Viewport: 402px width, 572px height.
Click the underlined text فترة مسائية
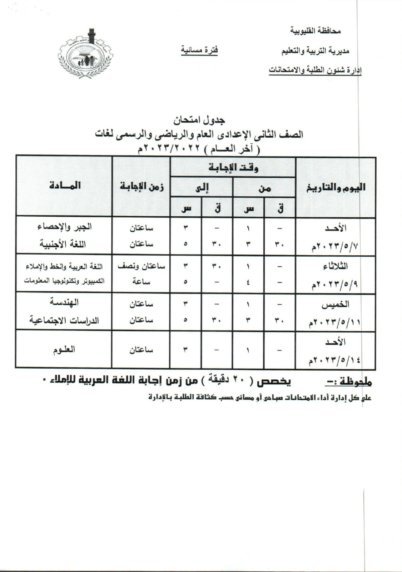pos(199,50)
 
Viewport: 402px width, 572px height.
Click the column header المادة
pos(65,186)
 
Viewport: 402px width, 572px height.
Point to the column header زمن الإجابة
pos(142,186)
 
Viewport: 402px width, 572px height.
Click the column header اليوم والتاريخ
pos(336,187)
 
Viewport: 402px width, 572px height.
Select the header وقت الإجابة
pos(233,167)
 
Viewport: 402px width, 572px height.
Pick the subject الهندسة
pos(64,303)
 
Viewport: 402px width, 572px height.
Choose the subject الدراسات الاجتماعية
pos(64,320)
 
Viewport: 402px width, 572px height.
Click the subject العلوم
pos(64,349)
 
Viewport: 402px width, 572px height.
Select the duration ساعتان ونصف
pos(142,266)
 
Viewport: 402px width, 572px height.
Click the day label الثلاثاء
pos(335,266)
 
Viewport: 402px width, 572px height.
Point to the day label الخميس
pos(335,305)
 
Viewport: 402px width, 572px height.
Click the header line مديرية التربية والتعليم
pos(316,51)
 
